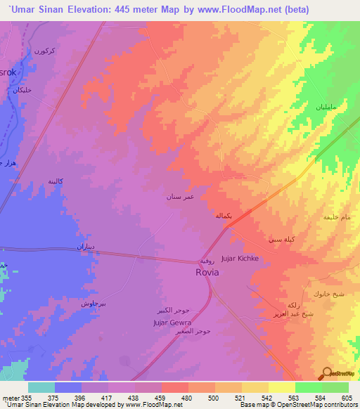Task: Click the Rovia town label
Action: click(207, 272)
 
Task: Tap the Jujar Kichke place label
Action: click(240, 259)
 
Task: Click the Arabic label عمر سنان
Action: click(179, 197)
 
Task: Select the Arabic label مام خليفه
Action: click(336, 217)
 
